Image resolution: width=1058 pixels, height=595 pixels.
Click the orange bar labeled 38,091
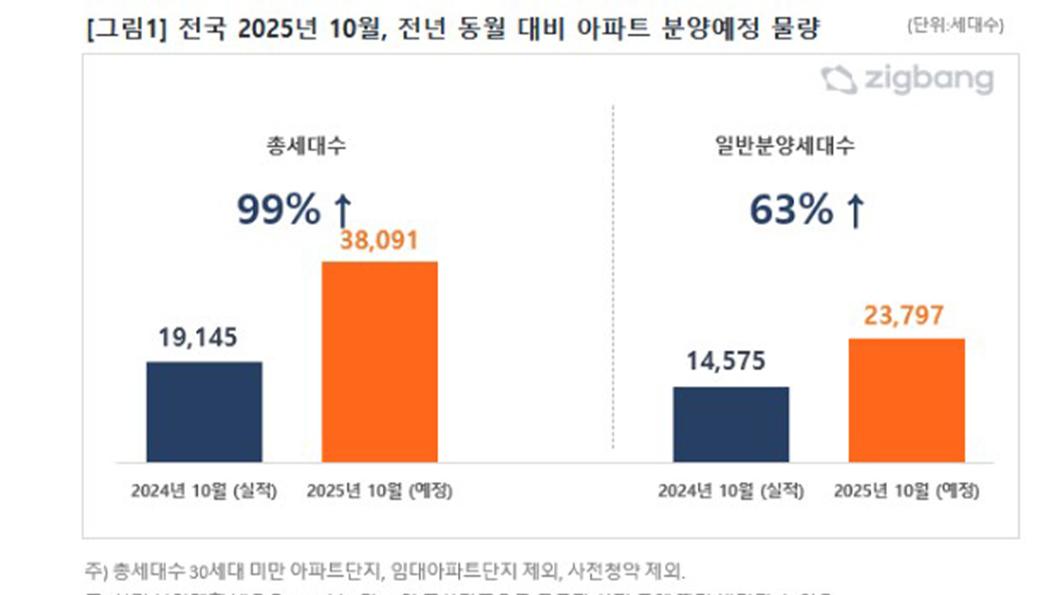[379, 362]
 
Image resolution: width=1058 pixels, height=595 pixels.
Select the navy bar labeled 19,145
[204, 412]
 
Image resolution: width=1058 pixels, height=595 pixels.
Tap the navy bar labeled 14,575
[731, 424]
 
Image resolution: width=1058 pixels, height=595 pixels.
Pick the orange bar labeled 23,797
[907, 400]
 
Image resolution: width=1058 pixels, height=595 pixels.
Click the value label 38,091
[379, 240]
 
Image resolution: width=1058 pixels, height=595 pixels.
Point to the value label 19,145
[198, 337]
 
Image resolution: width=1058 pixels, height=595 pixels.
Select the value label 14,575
[726, 361]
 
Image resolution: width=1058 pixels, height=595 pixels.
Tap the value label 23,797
[904, 315]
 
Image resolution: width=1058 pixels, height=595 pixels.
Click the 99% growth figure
[279, 211]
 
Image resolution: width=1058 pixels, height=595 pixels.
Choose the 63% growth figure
[791, 211]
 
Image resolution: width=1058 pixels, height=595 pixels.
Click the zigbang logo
[907, 80]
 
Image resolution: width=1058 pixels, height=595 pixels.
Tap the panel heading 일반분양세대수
[784, 147]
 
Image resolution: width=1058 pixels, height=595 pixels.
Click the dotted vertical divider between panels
[613, 281]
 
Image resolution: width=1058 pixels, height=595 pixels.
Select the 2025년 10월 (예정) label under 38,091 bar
[379, 491]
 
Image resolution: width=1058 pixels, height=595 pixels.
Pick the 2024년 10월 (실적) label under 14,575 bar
[731, 491]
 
